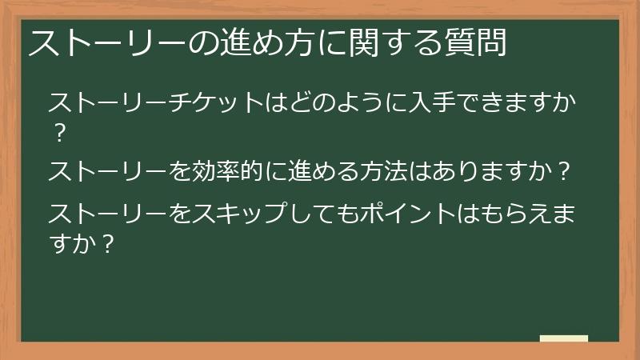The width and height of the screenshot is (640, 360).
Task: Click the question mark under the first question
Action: (x=57, y=132)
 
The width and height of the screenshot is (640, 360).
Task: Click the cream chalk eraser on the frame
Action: (x=563, y=339)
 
